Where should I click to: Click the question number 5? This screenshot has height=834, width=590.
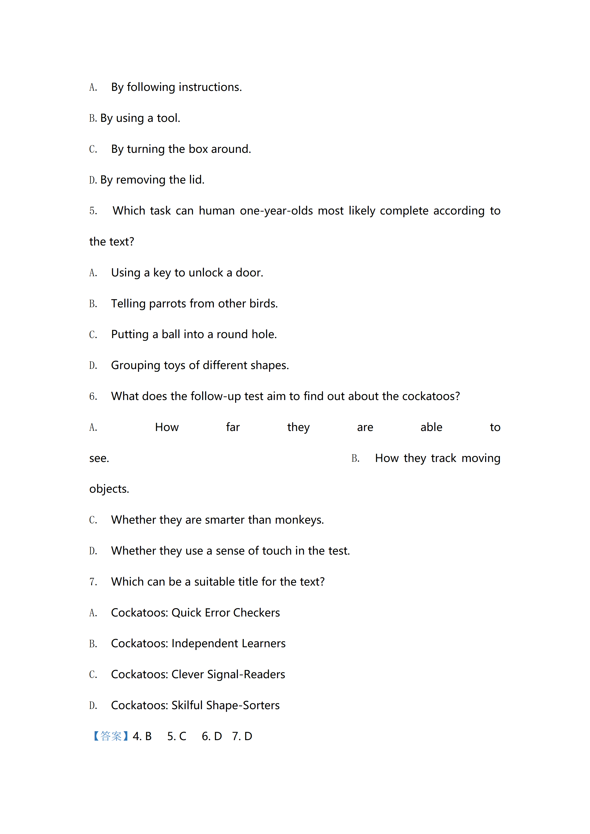click(x=93, y=211)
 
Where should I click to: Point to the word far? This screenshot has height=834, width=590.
click(x=233, y=427)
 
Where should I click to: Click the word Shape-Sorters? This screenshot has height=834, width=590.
click(x=243, y=705)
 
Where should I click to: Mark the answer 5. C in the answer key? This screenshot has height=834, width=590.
click(x=177, y=736)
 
